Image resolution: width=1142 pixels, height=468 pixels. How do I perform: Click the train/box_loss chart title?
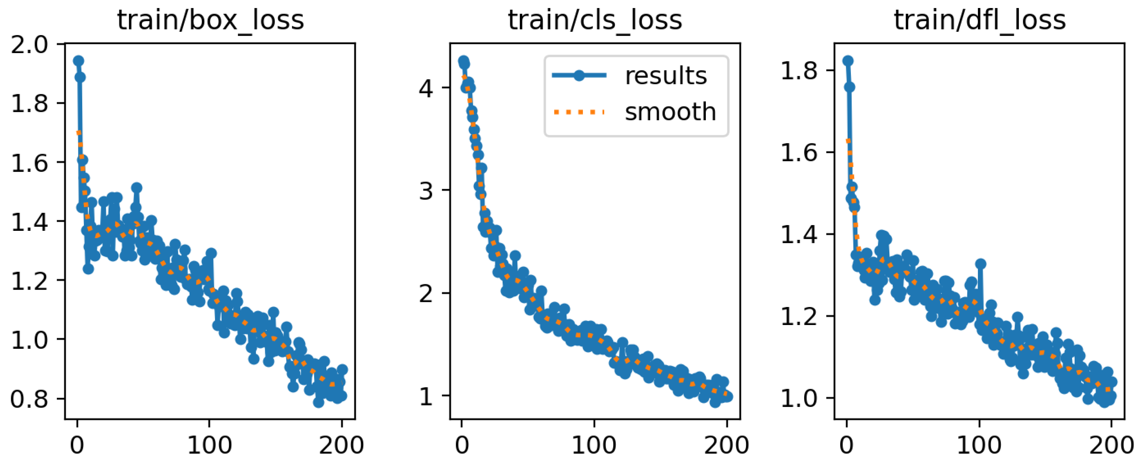point(211,20)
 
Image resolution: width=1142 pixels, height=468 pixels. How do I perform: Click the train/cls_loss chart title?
point(595,20)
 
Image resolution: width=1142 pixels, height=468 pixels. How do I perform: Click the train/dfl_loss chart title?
point(980,20)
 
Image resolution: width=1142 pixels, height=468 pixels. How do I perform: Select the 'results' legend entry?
point(665,76)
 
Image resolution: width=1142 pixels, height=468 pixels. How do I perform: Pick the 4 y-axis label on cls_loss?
point(425,88)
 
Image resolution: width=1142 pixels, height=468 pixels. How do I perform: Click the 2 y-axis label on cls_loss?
point(425,293)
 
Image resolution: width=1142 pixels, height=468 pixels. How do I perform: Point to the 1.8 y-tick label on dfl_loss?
point(798,71)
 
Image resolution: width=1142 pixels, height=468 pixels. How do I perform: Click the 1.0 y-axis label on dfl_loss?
point(798,398)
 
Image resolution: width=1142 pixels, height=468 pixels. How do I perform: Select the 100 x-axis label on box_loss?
point(209,445)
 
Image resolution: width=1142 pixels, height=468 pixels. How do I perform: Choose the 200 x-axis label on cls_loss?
point(727,445)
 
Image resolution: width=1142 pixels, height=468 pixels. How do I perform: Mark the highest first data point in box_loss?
point(79,61)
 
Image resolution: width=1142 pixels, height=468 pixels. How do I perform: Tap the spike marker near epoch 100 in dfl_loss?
point(981,264)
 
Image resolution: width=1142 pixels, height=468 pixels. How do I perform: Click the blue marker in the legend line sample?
point(579,76)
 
